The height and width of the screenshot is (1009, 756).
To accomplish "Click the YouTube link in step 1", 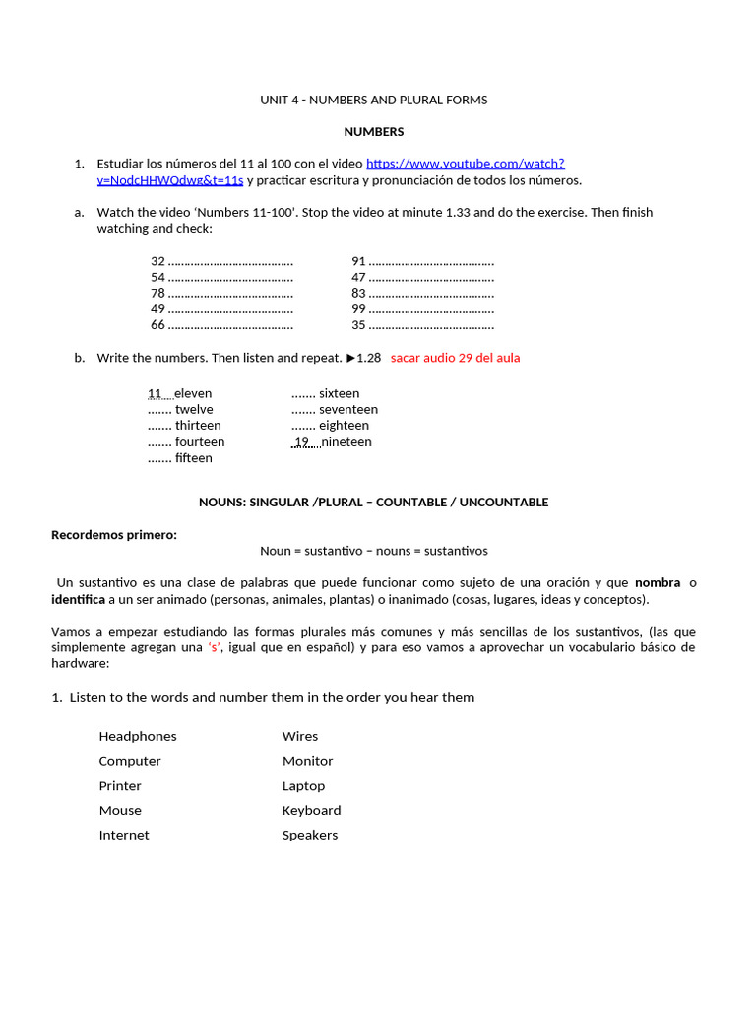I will click(x=465, y=164).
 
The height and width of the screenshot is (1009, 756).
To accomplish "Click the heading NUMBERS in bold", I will click(x=373, y=132).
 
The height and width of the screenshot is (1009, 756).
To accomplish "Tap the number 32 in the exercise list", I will click(x=157, y=261).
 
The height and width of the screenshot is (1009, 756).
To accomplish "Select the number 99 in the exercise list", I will click(x=358, y=309).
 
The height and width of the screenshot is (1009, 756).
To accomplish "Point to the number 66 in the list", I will click(x=157, y=325).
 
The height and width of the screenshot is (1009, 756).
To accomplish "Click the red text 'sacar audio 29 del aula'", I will click(x=455, y=358).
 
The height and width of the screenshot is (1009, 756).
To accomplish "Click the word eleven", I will click(x=193, y=393).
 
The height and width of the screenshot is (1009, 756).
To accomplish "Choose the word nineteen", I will click(x=346, y=442).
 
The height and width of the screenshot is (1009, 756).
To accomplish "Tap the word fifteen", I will click(x=194, y=458).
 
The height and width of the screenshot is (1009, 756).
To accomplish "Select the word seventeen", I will click(x=348, y=410).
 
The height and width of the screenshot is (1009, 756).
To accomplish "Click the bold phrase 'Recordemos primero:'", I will click(x=114, y=535).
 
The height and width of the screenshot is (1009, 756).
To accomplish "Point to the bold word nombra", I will click(x=658, y=583).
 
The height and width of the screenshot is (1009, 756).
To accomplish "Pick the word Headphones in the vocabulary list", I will click(x=138, y=736).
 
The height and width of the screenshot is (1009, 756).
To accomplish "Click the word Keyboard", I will click(x=311, y=810).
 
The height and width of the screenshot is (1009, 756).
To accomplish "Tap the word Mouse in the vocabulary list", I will click(x=120, y=810).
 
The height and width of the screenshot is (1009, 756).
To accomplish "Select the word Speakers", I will click(x=310, y=835).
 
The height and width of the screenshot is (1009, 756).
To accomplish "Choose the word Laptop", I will click(x=303, y=786).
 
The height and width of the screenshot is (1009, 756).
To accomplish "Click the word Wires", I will click(x=300, y=736).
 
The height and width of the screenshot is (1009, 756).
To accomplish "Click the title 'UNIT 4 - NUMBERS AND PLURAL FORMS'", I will click(x=373, y=101).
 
